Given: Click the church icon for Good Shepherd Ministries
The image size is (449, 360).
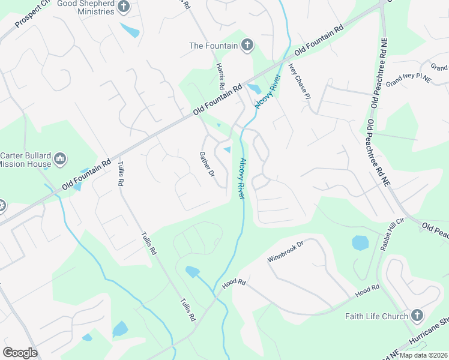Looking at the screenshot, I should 124,7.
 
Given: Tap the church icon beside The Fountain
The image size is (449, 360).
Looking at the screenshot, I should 246,45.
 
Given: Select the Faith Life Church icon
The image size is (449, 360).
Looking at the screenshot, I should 417,316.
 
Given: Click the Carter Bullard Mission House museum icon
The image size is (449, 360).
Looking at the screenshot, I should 59,159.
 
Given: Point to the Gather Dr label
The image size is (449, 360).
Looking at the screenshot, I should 206,164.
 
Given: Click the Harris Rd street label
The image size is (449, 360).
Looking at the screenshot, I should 220,76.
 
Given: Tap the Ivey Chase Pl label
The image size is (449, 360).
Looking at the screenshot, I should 300,80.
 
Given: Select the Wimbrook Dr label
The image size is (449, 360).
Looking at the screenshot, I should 286,251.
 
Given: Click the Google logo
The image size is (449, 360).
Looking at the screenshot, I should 20,353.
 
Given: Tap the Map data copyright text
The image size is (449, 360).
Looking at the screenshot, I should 423,355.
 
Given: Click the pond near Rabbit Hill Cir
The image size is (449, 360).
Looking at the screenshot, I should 360,243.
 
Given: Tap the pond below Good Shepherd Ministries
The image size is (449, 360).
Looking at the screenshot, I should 130,29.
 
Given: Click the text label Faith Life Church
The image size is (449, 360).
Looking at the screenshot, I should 376,316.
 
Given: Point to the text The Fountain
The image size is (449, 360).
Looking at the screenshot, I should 212,45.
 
